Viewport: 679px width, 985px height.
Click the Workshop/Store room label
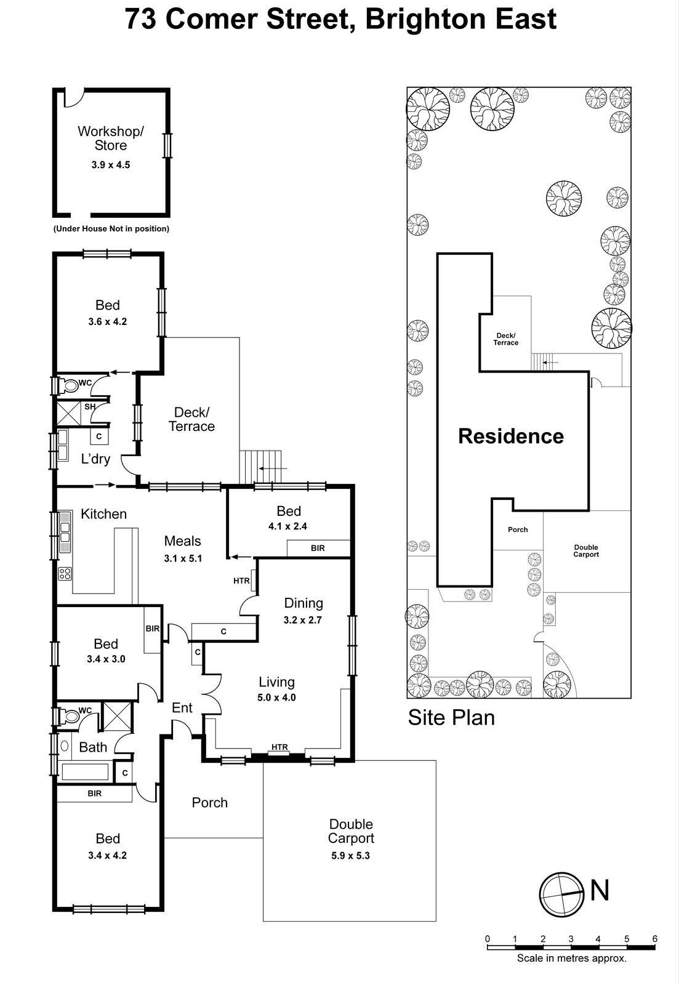111,138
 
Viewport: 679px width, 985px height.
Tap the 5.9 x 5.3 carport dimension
351,856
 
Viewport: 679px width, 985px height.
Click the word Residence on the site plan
511,436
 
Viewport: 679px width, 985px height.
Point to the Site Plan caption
451,718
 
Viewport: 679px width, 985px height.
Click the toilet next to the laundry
69,386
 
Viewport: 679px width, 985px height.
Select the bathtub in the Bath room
85,771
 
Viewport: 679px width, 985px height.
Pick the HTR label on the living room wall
279,747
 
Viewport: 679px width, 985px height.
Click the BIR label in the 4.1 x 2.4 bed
318,548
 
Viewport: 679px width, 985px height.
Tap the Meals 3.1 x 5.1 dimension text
183,558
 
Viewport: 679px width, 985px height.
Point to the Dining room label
303,603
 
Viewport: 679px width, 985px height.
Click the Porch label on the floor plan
209,802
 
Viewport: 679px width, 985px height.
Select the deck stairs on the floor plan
262,468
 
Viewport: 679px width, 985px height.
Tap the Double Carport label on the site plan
586,551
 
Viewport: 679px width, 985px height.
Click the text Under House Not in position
111,228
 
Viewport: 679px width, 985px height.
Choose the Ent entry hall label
182,708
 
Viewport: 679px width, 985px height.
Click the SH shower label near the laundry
90,407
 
